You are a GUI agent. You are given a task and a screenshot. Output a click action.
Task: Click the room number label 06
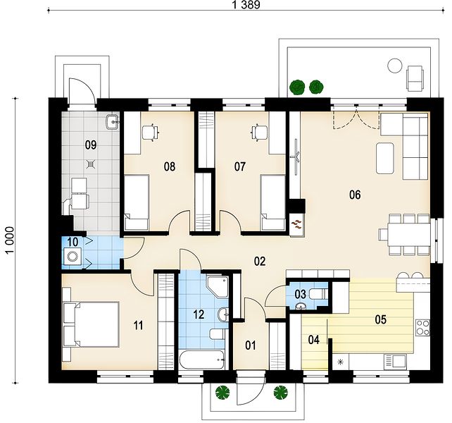(355, 195)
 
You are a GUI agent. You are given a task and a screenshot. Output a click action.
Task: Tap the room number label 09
(91, 145)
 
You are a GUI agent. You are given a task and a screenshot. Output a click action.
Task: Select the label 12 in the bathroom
(199, 314)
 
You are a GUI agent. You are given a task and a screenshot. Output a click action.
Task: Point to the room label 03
(301, 295)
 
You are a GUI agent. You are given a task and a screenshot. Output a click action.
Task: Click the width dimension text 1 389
(246, 5)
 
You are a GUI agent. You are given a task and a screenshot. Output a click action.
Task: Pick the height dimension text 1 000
(10, 240)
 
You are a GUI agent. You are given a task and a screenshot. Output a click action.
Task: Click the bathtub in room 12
(202, 360)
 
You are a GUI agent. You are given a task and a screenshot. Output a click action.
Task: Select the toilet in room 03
(318, 295)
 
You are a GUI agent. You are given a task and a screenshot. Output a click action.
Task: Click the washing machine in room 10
(72, 256)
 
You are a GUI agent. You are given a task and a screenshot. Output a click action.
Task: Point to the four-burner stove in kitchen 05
(422, 328)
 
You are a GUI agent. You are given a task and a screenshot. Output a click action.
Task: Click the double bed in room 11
(91, 324)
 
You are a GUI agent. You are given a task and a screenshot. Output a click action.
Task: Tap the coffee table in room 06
(385, 158)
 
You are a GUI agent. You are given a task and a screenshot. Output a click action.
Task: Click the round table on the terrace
(395, 66)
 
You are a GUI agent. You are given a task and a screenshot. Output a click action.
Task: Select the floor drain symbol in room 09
(91, 164)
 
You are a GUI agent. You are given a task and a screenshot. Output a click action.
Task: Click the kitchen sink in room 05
(395, 361)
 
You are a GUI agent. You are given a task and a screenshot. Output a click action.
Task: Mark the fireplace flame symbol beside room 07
(297, 224)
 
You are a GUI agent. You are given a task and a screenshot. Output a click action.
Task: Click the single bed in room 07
(272, 202)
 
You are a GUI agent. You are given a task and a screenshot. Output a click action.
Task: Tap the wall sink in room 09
(112, 122)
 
